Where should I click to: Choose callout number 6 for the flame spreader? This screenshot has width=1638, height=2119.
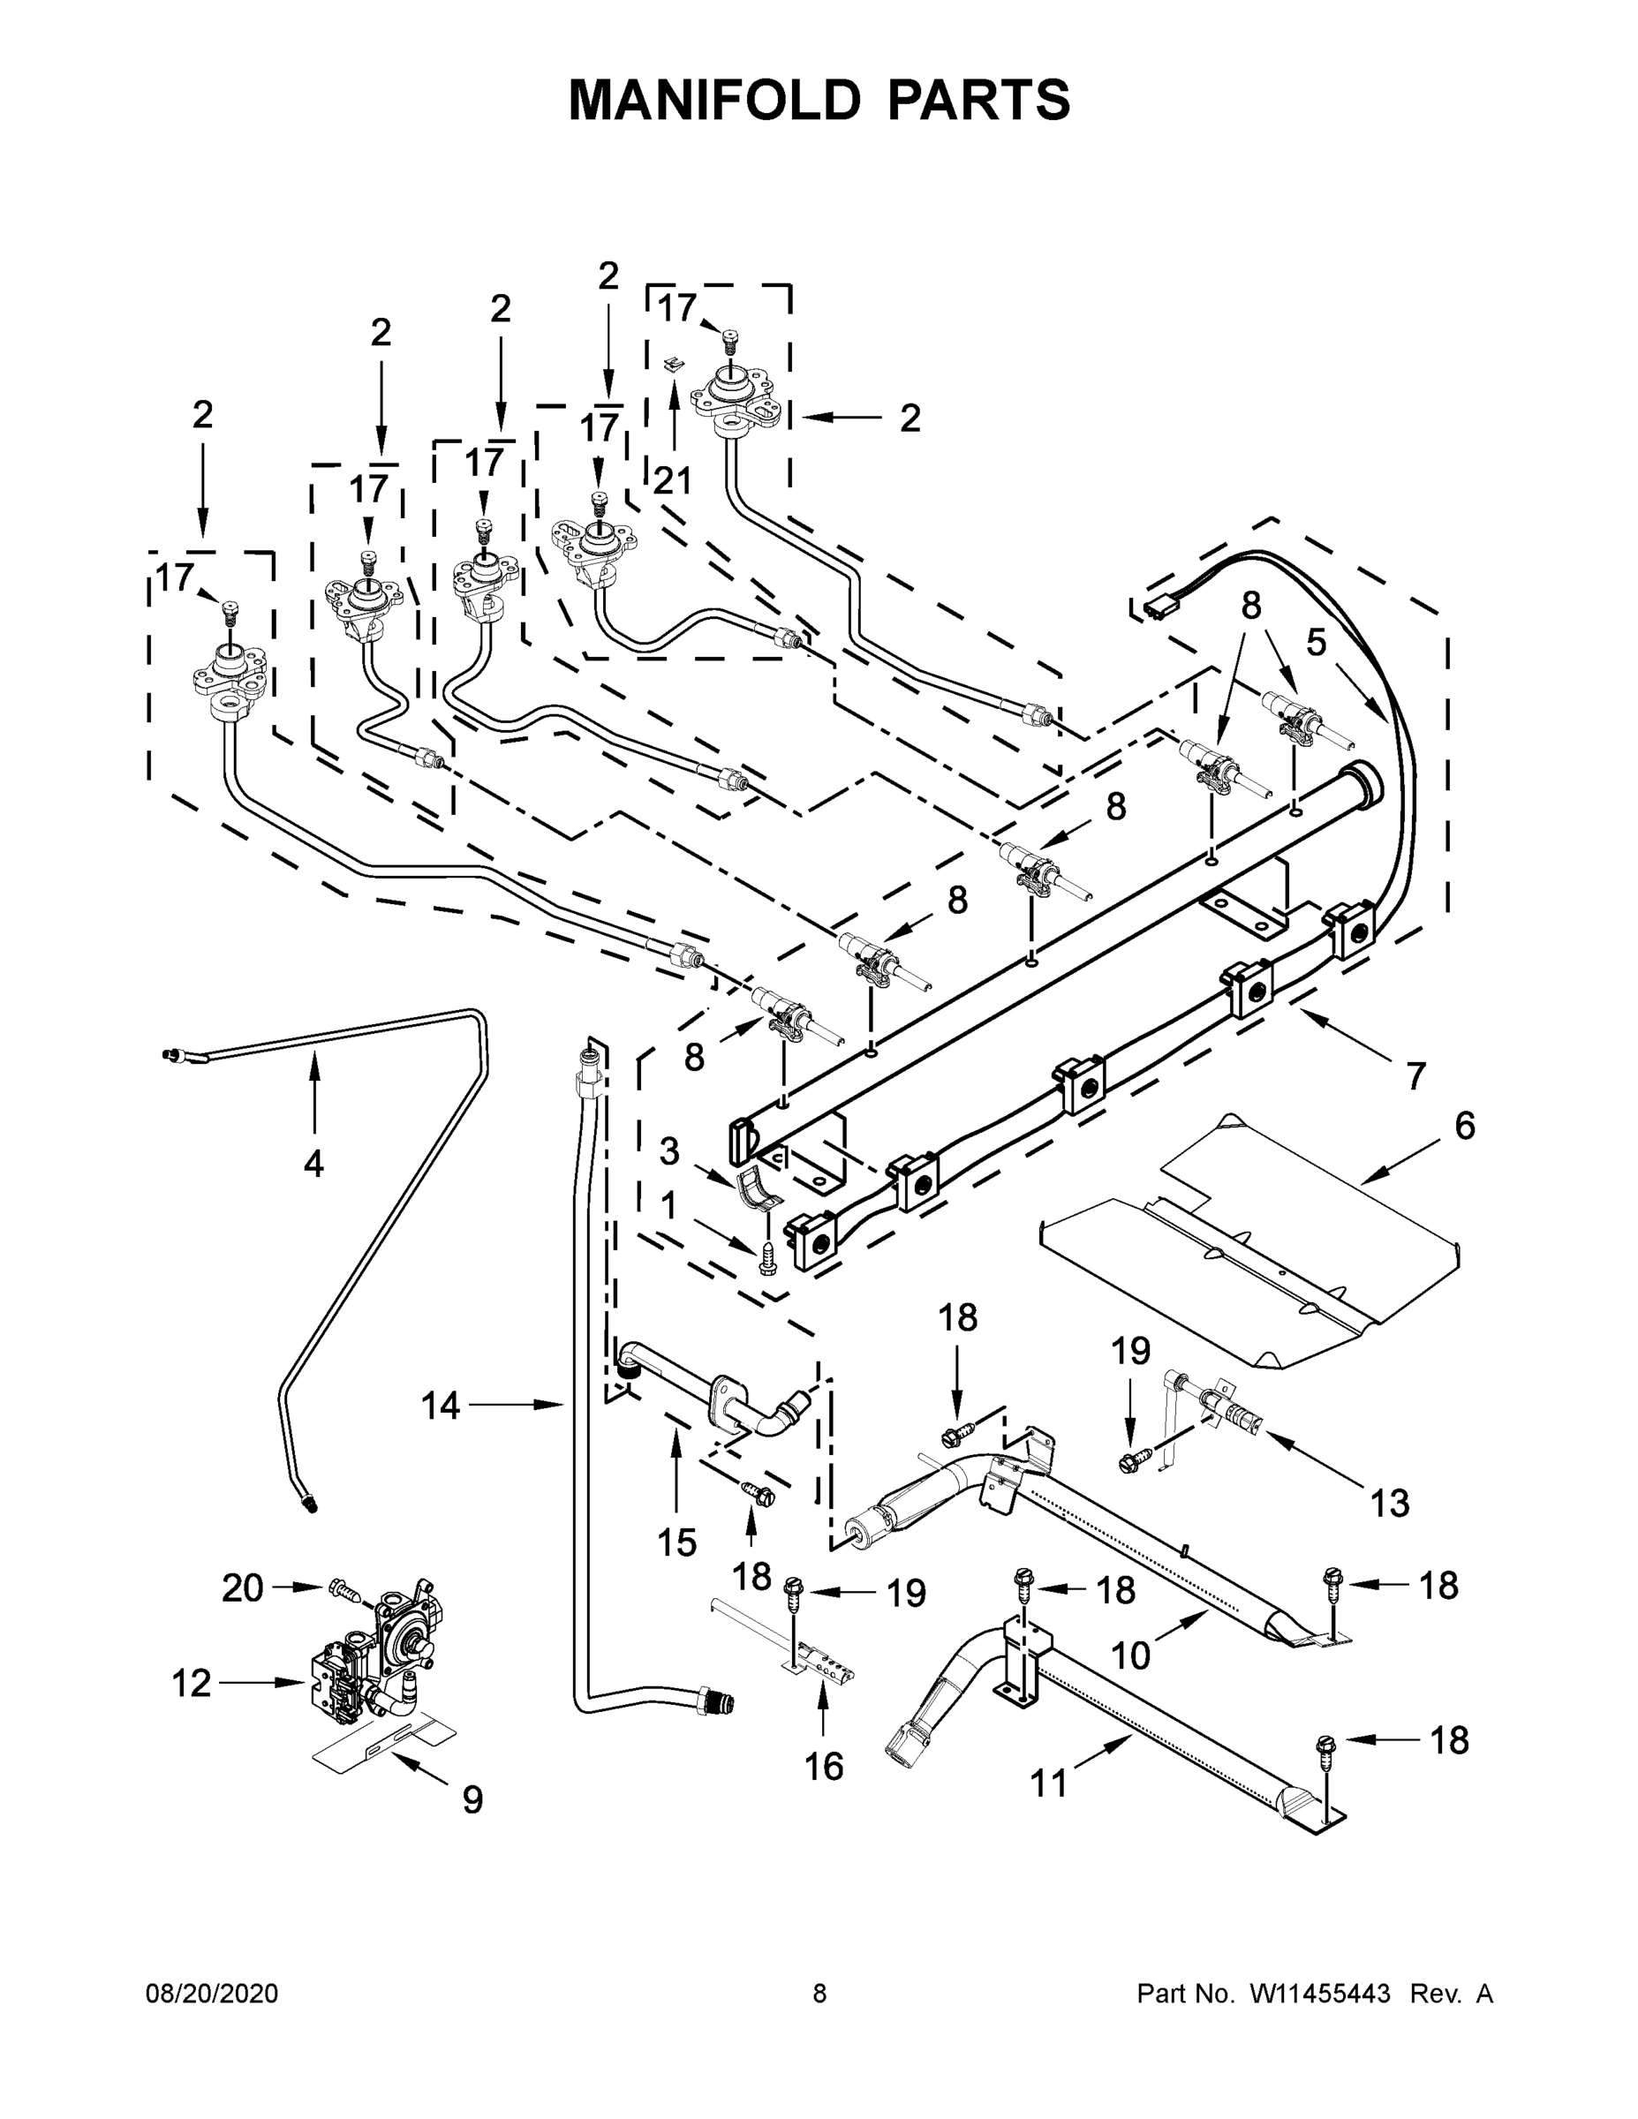coord(1464,1126)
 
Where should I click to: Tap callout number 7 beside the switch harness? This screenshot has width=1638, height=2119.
coord(1415,1076)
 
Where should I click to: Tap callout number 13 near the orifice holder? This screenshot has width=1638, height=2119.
coord(1389,1503)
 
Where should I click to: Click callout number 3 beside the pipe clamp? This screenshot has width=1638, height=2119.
coord(669,1151)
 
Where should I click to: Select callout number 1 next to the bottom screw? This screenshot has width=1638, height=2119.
coord(668,1206)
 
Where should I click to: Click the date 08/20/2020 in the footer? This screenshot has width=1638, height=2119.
coord(212,1993)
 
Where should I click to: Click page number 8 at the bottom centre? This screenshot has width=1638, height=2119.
coord(819,1993)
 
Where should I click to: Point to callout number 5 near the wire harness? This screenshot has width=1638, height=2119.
coord(1315,642)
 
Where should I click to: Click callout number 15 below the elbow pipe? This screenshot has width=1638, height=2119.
coord(676,1542)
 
